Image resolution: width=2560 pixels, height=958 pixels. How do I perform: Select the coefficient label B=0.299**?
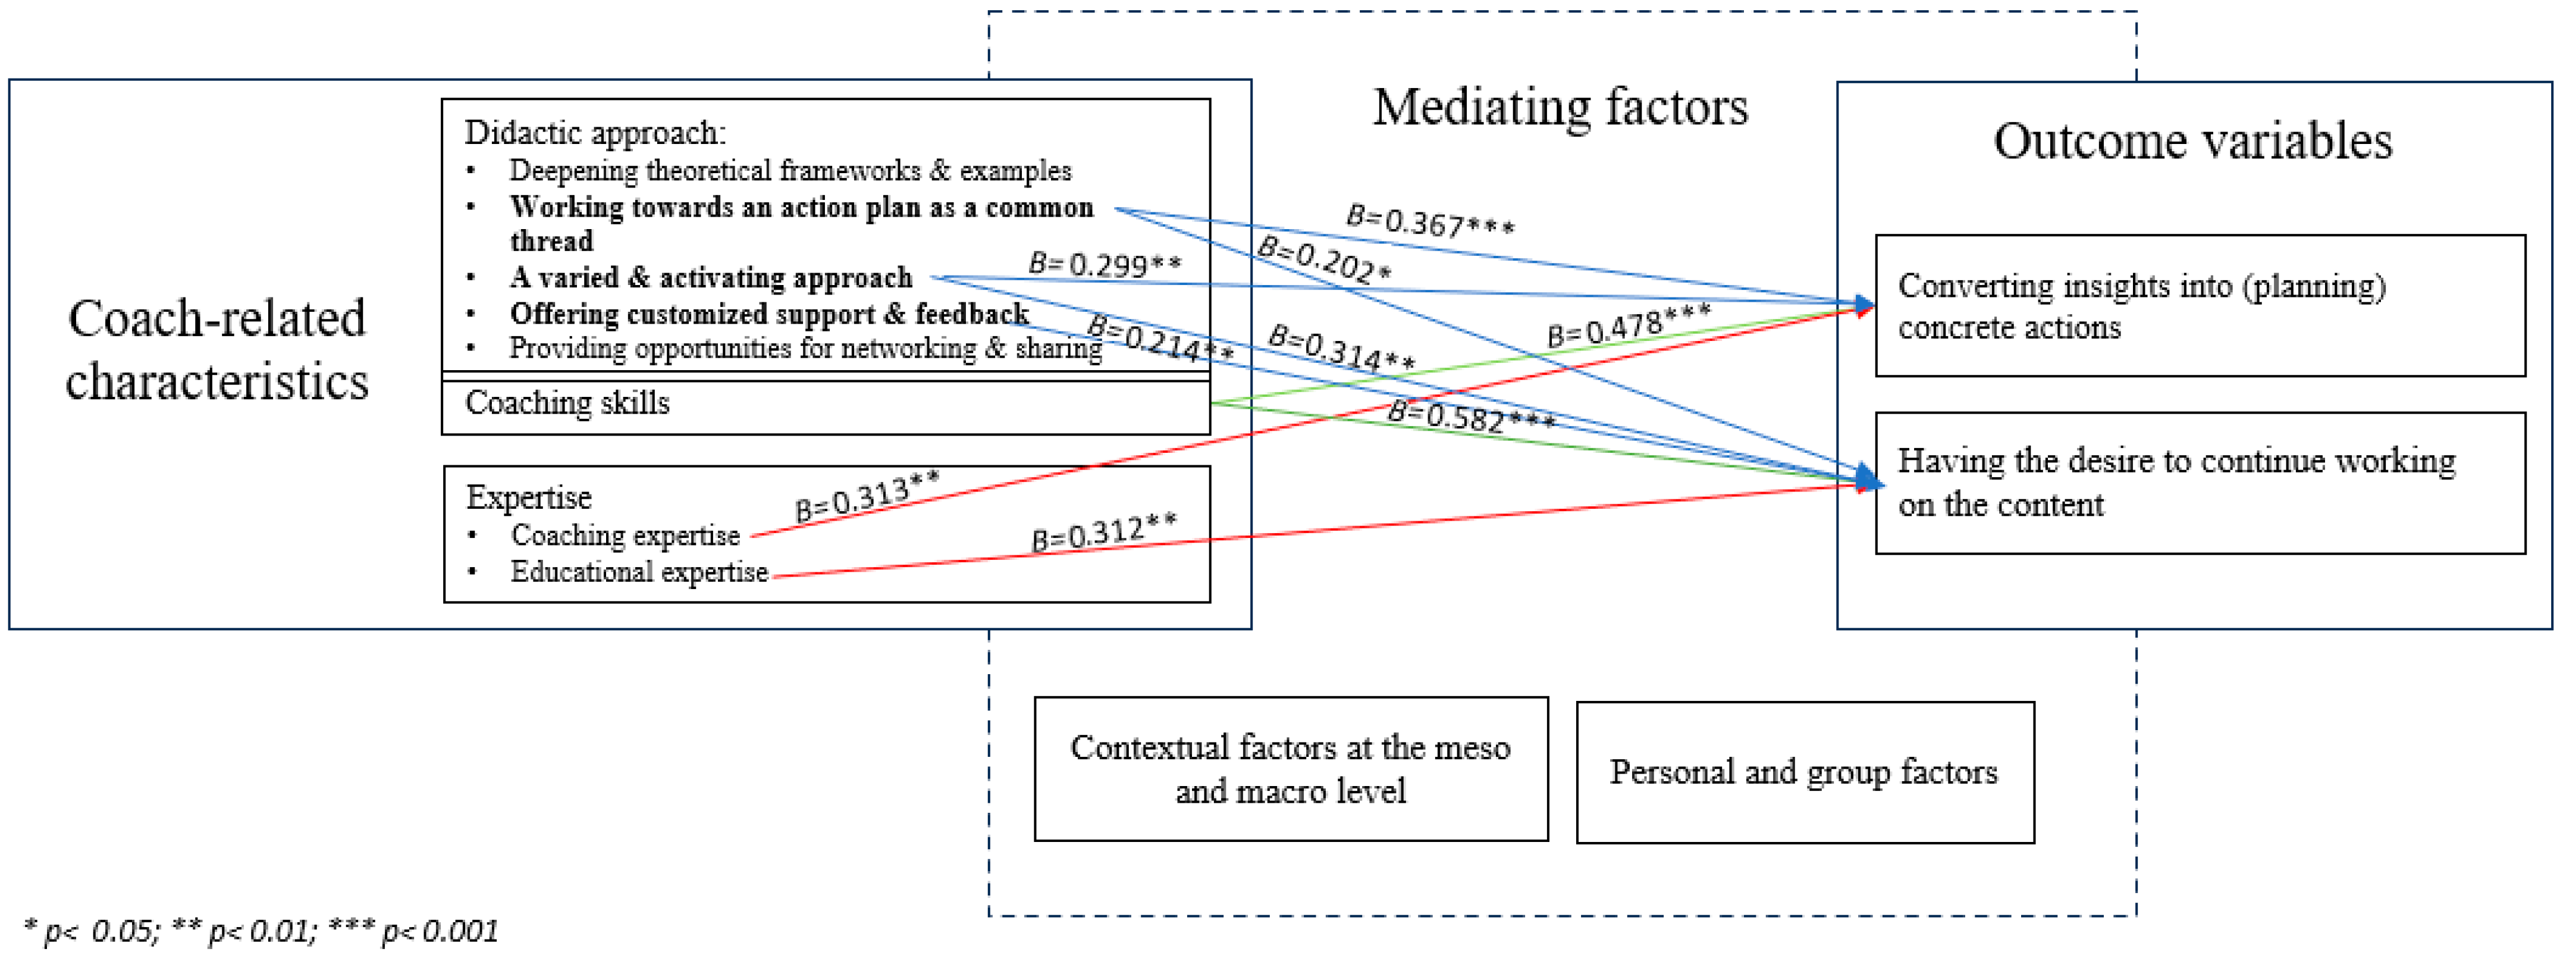1104,264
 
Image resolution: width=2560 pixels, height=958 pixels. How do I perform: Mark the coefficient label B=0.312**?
1103,532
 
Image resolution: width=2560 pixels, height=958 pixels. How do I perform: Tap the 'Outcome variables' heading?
2192,141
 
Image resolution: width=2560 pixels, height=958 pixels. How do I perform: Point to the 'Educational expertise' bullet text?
638,572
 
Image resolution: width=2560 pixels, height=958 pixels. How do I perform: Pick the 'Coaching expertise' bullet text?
625,536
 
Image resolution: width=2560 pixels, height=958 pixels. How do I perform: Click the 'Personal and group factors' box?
1804,772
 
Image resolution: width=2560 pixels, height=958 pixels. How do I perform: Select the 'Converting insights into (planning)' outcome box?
2199,306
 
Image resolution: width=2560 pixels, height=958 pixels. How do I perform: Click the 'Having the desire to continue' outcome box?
2199,483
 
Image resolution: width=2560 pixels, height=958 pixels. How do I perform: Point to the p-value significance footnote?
261,931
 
